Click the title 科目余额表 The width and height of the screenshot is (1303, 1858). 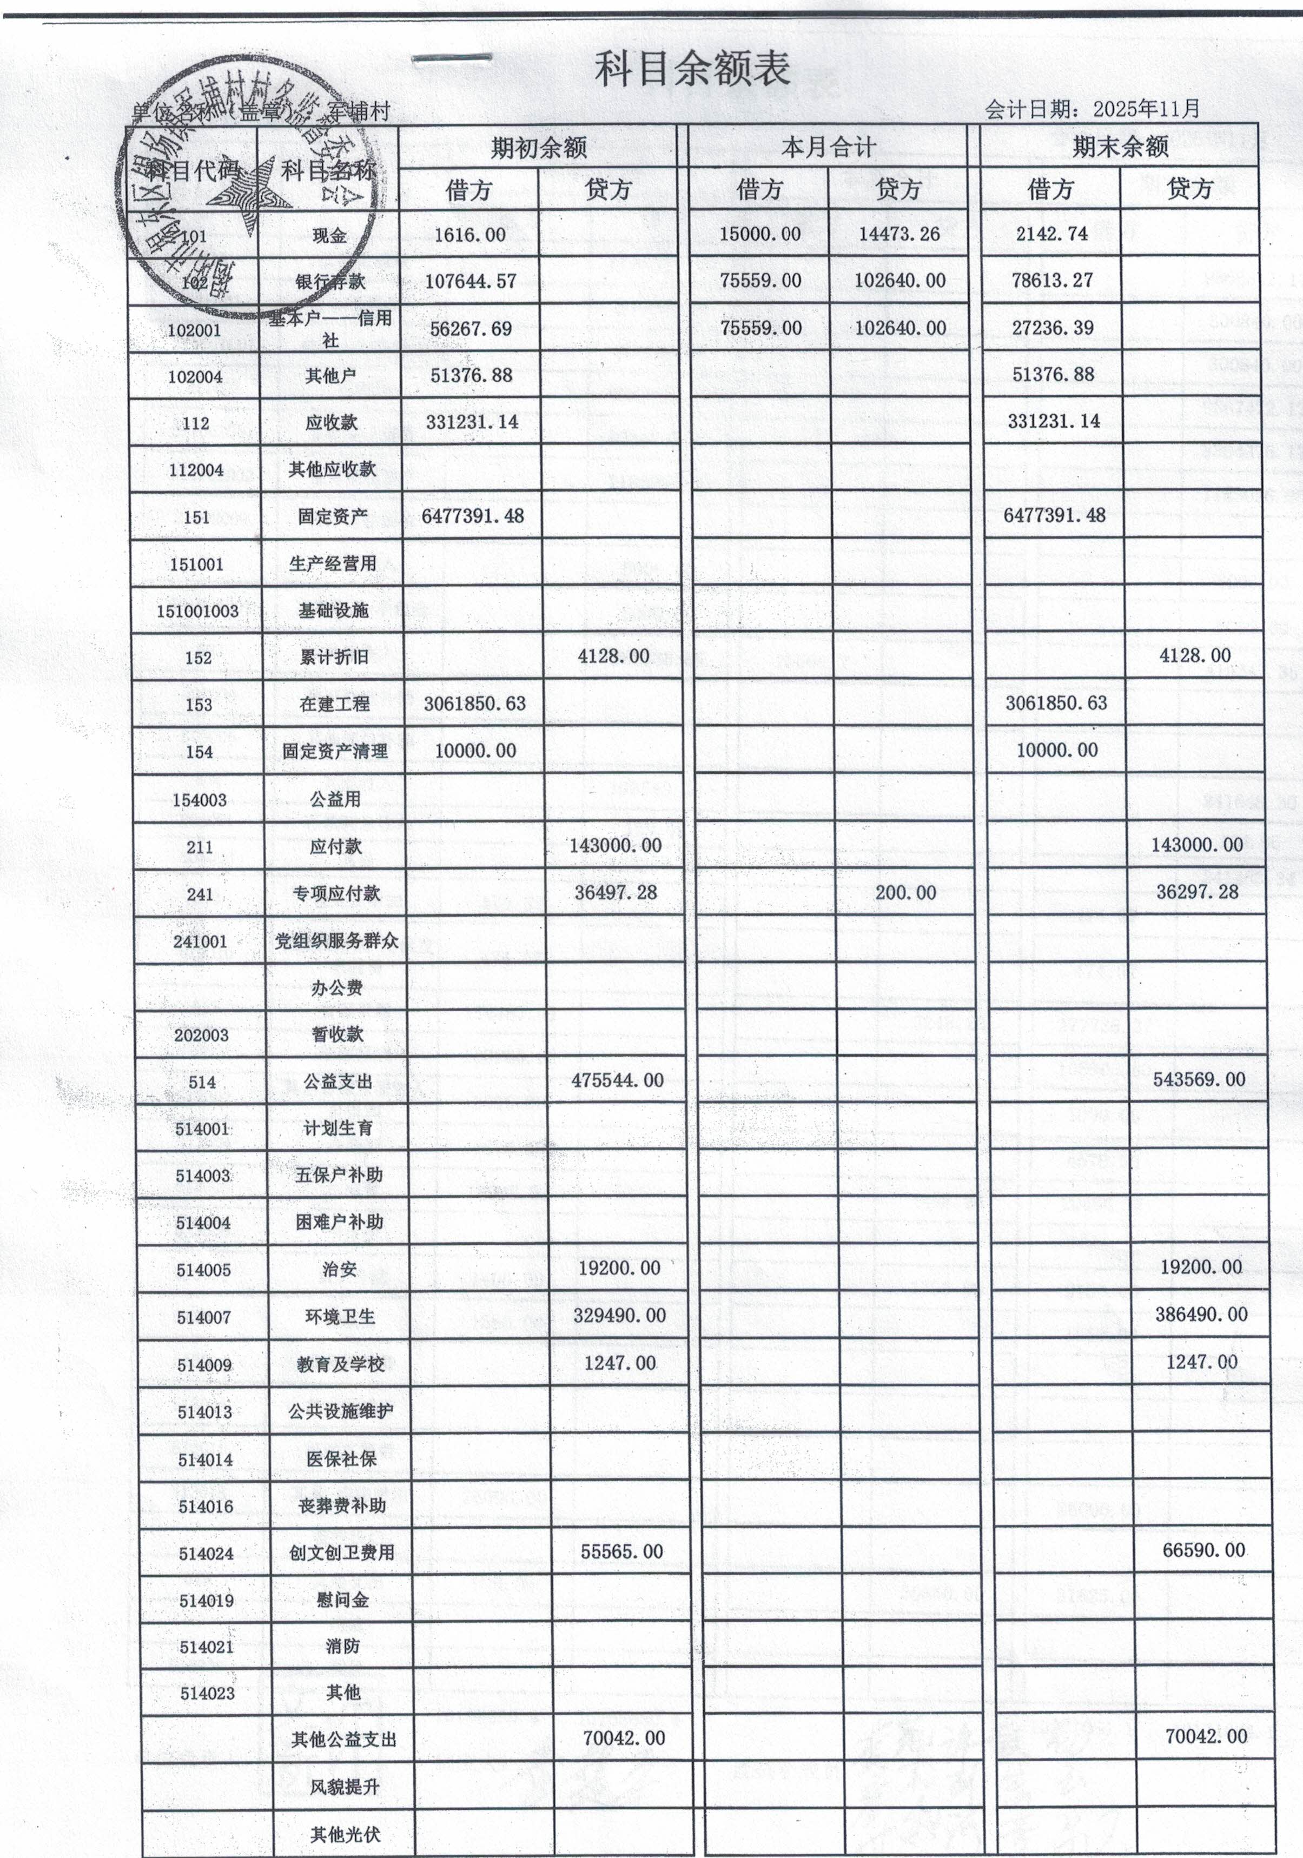692,70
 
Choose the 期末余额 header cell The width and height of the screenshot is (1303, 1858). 1120,147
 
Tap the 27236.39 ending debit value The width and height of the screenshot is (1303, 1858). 1053,328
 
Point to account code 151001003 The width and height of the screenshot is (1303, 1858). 197,611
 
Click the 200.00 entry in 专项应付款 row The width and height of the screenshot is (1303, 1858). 905,893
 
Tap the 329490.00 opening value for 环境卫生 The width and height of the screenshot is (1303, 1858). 619,1316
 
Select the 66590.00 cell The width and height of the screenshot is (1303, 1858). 1204,1550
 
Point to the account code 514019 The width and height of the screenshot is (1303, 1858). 206,1601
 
